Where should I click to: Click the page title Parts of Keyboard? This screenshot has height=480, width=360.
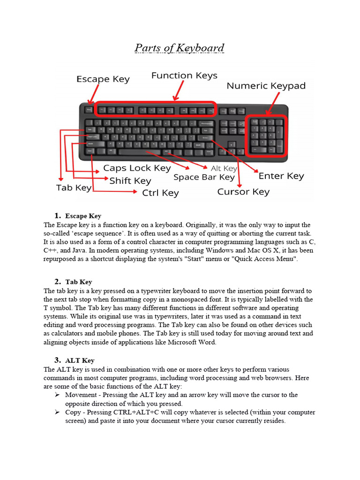click(x=180, y=48)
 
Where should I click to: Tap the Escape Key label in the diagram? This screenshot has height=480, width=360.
click(x=103, y=79)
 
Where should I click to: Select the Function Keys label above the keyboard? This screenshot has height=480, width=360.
click(x=184, y=75)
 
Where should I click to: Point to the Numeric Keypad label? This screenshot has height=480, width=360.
click(x=266, y=86)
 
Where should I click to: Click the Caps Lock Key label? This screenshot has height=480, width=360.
click(x=137, y=168)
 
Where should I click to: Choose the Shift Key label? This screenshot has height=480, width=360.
click(x=130, y=180)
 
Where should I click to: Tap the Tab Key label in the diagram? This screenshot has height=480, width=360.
click(x=74, y=187)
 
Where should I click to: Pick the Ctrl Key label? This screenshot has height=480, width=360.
click(x=160, y=193)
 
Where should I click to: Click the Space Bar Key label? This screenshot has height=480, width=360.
click(x=203, y=177)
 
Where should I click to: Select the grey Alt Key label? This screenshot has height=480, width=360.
click(x=224, y=168)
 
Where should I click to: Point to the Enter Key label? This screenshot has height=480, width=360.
click(x=281, y=176)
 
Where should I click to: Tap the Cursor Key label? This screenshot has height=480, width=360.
click(x=243, y=192)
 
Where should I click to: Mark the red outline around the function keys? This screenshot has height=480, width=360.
click(x=155, y=103)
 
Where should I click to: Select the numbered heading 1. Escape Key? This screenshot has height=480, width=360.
click(x=78, y=216)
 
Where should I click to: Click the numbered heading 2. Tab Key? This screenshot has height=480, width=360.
click(x=73, y=282)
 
